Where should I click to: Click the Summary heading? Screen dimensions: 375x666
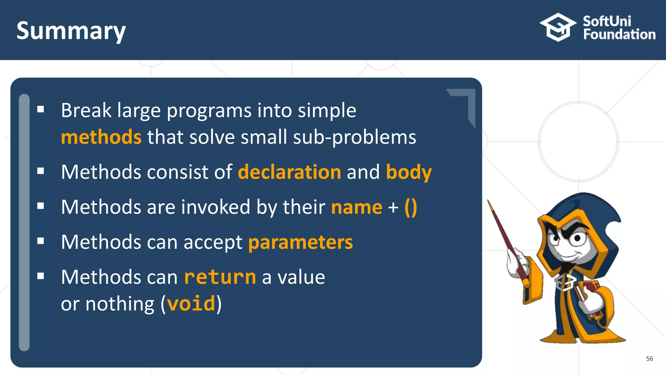71,31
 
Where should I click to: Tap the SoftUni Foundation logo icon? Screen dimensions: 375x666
558,27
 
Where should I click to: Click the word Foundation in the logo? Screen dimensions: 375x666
619,35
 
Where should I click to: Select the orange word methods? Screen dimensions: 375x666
101,137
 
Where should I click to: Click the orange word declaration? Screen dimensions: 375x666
289,172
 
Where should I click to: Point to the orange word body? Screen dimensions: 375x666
408,172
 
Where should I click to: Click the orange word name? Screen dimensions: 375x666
356,207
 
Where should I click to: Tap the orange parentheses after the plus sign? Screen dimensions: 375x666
411,207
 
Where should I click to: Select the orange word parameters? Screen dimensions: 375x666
300,242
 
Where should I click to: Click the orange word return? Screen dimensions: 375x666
220,277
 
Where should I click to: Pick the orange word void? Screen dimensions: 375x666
191,304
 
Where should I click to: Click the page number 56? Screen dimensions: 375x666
649,358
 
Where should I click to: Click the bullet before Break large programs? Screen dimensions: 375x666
41,109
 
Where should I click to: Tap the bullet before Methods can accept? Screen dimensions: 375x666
41,241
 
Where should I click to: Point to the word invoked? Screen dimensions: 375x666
216,207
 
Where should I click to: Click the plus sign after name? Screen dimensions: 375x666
393,208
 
